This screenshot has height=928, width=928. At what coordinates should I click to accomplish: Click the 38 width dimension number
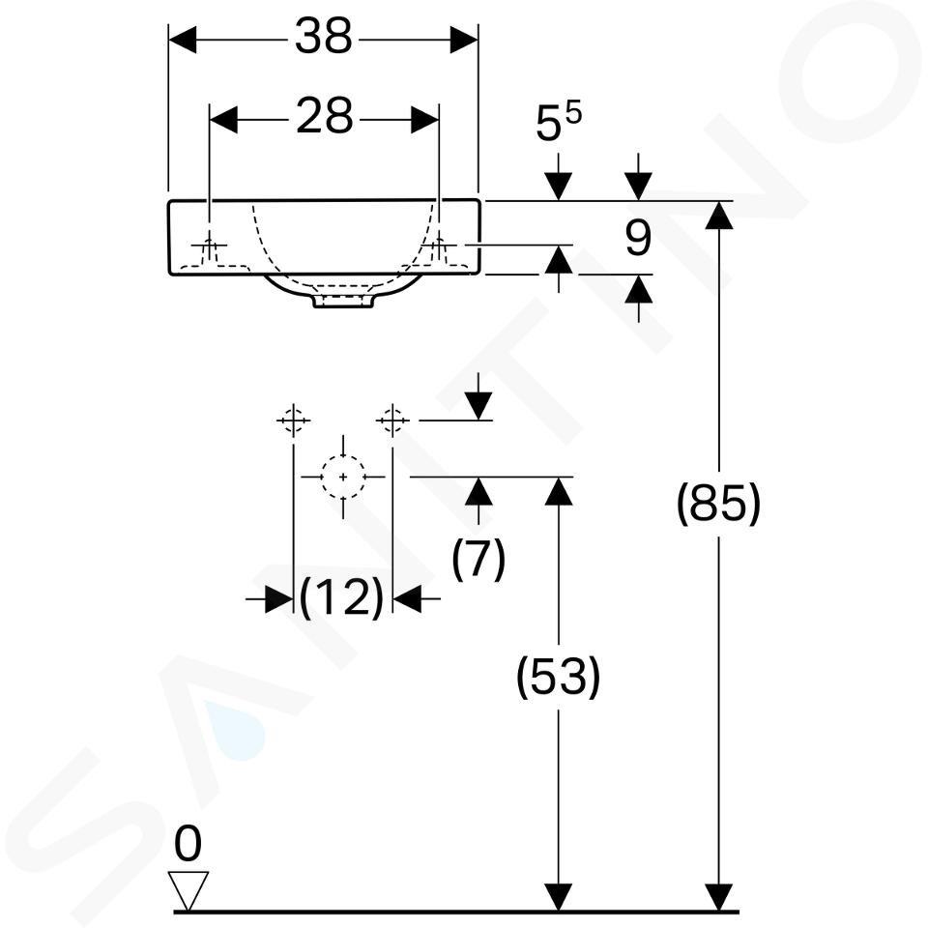coord(323,37)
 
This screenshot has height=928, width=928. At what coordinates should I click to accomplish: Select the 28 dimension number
coord(325,116)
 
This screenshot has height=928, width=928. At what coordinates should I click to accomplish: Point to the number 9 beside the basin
coord(638,239)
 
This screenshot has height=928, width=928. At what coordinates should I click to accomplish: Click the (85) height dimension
coord(718,503)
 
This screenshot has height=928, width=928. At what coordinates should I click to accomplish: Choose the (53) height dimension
coord(559,677)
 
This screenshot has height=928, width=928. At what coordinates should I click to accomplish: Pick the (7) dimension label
coord(478,558)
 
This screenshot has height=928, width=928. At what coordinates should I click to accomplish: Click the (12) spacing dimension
coord(342,597)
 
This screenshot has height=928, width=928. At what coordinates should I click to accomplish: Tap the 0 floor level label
coord(188,844)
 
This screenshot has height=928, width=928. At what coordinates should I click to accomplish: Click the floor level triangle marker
coord(188,890)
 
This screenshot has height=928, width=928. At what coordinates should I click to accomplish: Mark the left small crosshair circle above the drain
coord(294,420)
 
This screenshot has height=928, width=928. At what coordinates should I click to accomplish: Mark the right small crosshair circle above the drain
coord(392,420)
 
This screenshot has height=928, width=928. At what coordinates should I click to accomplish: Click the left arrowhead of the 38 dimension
coord(183,40)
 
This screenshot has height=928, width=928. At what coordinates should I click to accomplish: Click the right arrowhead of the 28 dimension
coord(425,120)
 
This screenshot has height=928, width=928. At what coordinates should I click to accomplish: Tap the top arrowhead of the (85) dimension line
coord(718,215)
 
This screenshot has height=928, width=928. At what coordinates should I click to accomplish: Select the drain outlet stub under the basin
coord(343,301)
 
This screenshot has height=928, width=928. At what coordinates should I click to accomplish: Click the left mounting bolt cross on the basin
coord(209,245)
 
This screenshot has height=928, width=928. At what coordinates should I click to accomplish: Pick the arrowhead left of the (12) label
coord(279,599)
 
